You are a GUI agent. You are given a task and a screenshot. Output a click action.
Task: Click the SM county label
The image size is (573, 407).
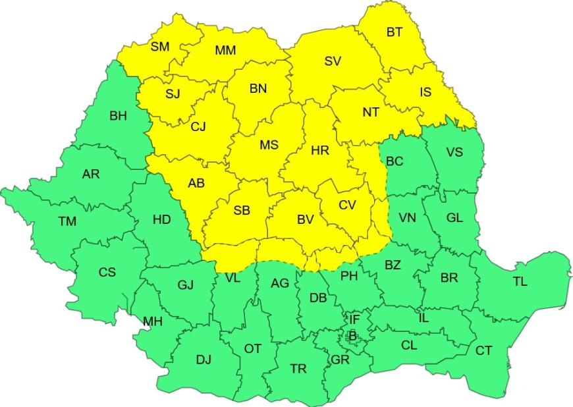click(160, 46)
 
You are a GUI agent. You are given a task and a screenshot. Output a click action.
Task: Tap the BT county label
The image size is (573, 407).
click(395, 32)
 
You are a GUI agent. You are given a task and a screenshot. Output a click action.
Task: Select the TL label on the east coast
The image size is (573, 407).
click(520, 281)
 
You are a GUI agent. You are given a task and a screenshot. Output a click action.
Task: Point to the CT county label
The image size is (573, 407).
click(483, 350)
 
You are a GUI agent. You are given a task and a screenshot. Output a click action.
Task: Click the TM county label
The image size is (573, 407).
click(67, 221)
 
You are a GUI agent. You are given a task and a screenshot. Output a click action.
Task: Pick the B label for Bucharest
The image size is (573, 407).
click(352, 337)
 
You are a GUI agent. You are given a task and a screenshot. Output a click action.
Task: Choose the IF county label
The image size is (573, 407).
click(354, 319)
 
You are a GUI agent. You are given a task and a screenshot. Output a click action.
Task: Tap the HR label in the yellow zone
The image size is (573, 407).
click(320, 151)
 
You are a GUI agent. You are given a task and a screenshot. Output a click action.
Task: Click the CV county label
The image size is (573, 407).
click(347, 205)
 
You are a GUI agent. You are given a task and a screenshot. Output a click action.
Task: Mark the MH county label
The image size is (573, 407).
click(153, 321)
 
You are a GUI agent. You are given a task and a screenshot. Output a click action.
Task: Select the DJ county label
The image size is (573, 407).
click(204, 360)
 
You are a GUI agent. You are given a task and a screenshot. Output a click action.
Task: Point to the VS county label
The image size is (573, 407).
click(454, 153)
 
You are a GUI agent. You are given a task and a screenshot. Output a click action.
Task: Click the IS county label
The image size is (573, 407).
click(425, 92)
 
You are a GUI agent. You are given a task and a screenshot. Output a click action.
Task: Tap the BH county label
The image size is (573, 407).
click(119, 116)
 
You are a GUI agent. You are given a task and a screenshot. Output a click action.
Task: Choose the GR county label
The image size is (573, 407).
click(341, 360)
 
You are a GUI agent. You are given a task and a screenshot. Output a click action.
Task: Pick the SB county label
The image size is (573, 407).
click(242, 210)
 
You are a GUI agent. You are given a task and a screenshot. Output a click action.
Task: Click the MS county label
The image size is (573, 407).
click(269, 146)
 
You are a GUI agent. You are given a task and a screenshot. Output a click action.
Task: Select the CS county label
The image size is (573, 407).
click(107, 272)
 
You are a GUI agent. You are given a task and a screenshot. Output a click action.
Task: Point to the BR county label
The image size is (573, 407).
click(449, 278)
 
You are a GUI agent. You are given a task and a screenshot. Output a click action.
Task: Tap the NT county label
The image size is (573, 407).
click(371, 112)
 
